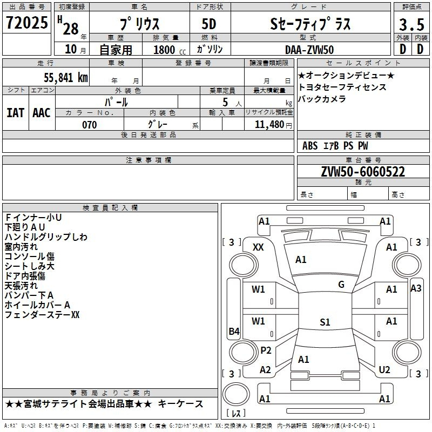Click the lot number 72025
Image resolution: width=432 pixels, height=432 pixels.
[26, 22]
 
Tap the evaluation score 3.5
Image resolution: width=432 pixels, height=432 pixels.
[411, 24]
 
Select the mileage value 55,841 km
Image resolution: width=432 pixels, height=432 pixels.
[66, 77]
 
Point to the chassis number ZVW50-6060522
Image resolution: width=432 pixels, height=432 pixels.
[363, 171]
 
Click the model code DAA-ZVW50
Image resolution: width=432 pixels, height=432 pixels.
[309, 50]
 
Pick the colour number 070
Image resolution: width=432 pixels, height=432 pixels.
[90, 125]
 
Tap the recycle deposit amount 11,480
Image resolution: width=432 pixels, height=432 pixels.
[269, 124]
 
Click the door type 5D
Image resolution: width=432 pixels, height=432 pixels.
[209, 24]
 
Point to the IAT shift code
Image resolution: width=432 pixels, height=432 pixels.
[16, 113]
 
